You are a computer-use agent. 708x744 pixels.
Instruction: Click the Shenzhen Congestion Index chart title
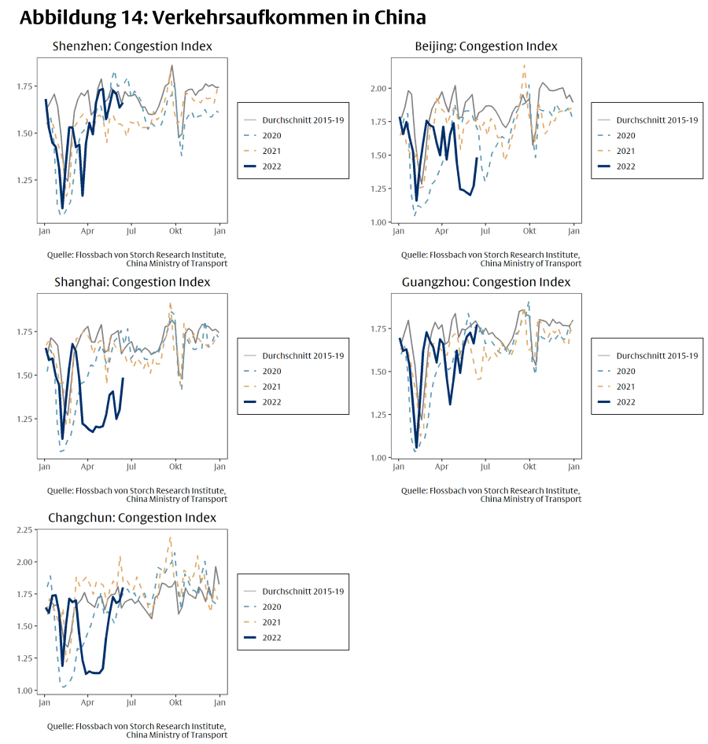coord(132,46)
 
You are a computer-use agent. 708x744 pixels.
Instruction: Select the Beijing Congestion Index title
coord(486,46)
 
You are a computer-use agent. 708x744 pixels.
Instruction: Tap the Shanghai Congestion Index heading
coord(132,282)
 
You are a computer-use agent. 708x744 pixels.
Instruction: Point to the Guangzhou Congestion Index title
coord(486,282)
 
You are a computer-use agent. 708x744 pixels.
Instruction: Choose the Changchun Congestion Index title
coord(132,518)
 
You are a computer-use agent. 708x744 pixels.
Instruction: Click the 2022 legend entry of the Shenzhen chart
coord(271,167)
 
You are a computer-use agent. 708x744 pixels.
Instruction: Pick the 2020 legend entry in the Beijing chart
coord(625,135)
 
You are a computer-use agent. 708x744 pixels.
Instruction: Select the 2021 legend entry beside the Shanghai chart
coord(271,387)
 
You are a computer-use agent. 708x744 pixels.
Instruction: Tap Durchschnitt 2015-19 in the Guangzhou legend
coord(656,355)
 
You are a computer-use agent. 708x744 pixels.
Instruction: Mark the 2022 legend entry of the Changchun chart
coord(271,638)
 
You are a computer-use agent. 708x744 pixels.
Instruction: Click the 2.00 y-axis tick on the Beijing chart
coord(379,88)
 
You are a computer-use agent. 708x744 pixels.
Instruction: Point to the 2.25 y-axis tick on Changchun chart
coord(25,530)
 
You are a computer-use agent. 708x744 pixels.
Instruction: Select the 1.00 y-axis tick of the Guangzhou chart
coord(379,457)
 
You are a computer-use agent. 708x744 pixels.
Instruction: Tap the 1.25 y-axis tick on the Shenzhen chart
coord(25,180)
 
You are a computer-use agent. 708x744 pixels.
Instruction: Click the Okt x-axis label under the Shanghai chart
coord(175,467)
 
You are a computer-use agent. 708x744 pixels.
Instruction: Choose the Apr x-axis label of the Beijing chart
coord(442,232)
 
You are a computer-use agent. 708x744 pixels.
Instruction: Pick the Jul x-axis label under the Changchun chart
coord(131,703)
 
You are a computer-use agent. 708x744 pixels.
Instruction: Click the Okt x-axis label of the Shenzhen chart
coord(175,232)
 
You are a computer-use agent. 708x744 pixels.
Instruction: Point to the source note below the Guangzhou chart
coord(492,494)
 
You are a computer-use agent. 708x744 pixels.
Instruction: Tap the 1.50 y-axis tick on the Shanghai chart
coord(25,376)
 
